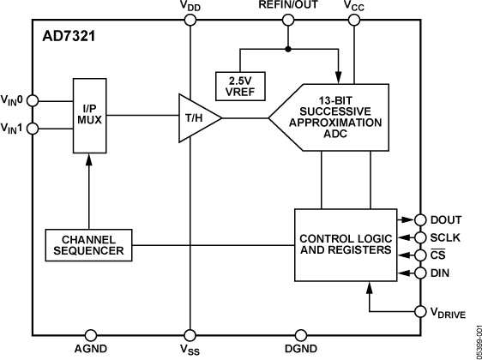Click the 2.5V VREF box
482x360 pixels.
click(241, 84)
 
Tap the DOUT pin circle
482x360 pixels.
click(420, 219)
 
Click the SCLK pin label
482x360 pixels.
click(446, 237)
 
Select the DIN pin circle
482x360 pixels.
click(420, 273)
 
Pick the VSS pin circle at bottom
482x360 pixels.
click(189, 335)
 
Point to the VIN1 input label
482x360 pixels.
click(15, 129)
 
